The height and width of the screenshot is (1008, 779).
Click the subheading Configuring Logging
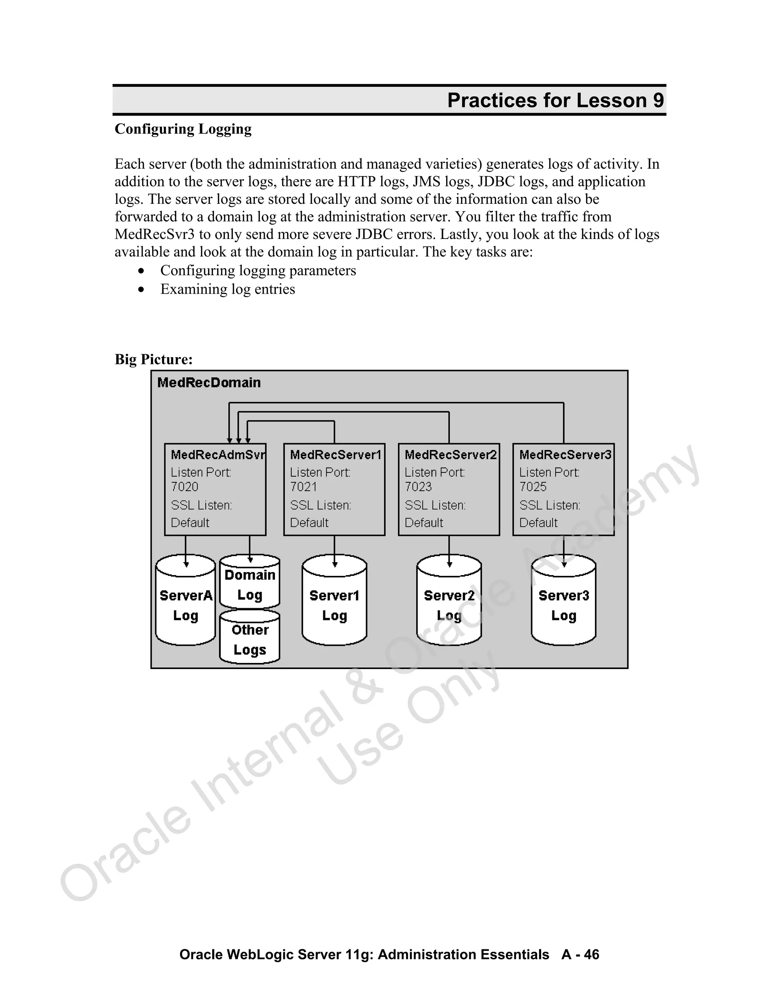point(183,129)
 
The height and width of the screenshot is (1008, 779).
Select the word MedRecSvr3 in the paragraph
point(154,234)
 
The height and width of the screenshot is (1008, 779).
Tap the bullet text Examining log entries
point(227,289)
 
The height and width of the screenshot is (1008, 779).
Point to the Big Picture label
point(154,359)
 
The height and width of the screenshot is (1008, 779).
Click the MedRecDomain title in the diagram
point(209,383)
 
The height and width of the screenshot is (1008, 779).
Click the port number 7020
point(184,487)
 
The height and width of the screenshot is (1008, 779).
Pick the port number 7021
point(304,487)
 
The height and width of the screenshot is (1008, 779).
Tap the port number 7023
point(418,487)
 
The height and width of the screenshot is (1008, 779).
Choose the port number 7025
point(533,487)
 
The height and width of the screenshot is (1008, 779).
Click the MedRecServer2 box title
point(450,455)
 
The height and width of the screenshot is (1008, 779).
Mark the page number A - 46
point(580,954)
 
